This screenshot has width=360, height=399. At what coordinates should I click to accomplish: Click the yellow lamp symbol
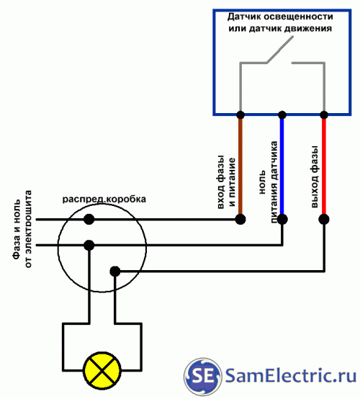click(x=102, y=370)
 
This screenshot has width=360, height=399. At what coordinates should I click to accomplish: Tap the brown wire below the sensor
click(x=240, y=166)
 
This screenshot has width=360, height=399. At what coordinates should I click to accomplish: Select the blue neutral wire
click(x=282, y=166)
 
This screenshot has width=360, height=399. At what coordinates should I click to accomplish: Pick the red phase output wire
click(x=324, y=166)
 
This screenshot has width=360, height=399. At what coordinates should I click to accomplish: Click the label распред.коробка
click(x=104, y=199)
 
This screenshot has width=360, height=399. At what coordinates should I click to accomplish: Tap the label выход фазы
click(x=315, y=177)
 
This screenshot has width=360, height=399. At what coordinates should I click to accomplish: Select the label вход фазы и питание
click(x=226, y=182)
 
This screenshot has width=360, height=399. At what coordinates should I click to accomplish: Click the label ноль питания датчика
click(x=268, y=182)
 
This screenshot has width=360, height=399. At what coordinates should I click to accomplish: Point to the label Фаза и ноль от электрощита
click(x=22, y=229)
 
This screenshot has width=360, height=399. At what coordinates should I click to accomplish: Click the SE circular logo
click(x=202, y=377)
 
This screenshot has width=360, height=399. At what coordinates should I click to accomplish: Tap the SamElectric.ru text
click(x=291, y=376)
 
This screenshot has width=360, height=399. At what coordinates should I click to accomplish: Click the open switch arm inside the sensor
click(x=279, y=50)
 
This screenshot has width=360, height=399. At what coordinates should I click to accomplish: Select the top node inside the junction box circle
click(x=89, y=219)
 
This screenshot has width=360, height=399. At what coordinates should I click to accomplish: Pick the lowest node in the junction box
click(x=115, y=272)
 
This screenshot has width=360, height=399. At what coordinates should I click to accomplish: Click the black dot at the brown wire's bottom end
click(x=240, y=219)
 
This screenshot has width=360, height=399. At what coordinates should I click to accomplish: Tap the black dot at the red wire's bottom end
click(x=324, y=219)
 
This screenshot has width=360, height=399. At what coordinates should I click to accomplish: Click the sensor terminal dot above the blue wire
click(x=282, y=115)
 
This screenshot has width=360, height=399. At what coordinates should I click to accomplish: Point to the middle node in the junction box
click(x=89, y=246)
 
